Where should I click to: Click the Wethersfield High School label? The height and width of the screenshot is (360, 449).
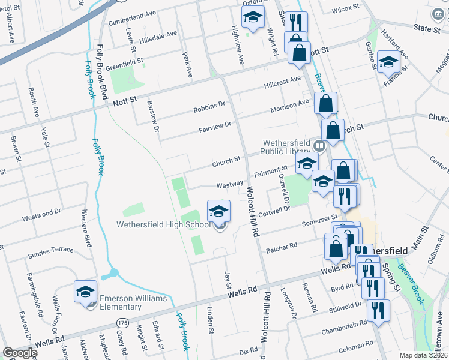[x=164, y=225]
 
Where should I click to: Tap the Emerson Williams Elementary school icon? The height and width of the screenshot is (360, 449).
[x=85, y=292]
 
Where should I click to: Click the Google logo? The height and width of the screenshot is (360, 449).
[x=19, y=353]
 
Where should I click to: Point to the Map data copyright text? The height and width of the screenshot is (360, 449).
[x=422, y=355]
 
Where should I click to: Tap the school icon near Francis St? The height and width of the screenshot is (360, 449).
[x=389, y=63]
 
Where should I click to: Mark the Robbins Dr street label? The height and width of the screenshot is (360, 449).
[x=209, y=107]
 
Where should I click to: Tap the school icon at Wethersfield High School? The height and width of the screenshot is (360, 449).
[x=218, y=210]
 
